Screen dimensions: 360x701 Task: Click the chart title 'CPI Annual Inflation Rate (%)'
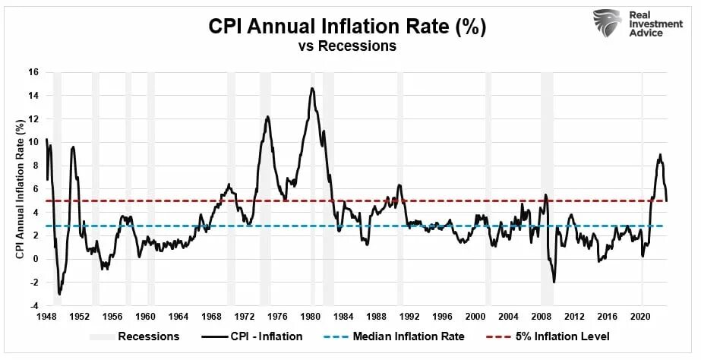(x=347, y=27)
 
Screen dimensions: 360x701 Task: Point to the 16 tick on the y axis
(x=33, y=72)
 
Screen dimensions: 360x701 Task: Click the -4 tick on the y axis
(x=33, y=306)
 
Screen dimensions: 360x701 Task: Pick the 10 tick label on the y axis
(x=33, y=142)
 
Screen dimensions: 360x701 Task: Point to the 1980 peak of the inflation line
(x=311, y=88)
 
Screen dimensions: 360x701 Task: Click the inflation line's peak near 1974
(x=267, y=116)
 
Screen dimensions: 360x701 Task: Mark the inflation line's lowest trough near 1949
(x=60, y=293)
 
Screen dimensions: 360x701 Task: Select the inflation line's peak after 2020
(x=660, y=155)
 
